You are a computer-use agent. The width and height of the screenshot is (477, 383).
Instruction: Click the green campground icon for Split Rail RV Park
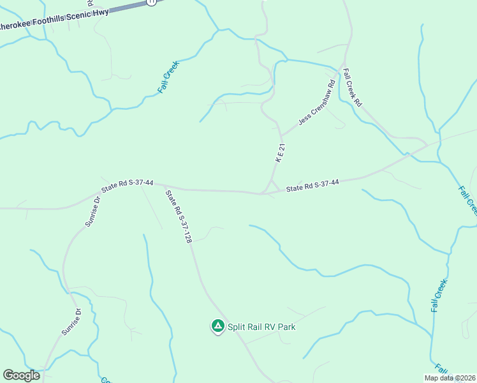(x=217, y=326)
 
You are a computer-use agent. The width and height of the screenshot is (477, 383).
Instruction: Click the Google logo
(x=22, y=375)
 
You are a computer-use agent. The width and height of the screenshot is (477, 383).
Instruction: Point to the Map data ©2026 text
(x=450, y=378)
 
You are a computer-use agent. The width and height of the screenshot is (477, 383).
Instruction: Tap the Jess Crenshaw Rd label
(x=317, y=103)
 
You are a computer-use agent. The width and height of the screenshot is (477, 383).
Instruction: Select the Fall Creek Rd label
(x=353, y=87)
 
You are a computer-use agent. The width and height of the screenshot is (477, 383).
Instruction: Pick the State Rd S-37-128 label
(x=179, y=217)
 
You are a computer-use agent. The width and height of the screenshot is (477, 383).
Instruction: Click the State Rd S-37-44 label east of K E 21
(x=312, y=186)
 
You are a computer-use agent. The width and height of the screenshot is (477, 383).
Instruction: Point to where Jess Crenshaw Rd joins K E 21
(x=281, y=135)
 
